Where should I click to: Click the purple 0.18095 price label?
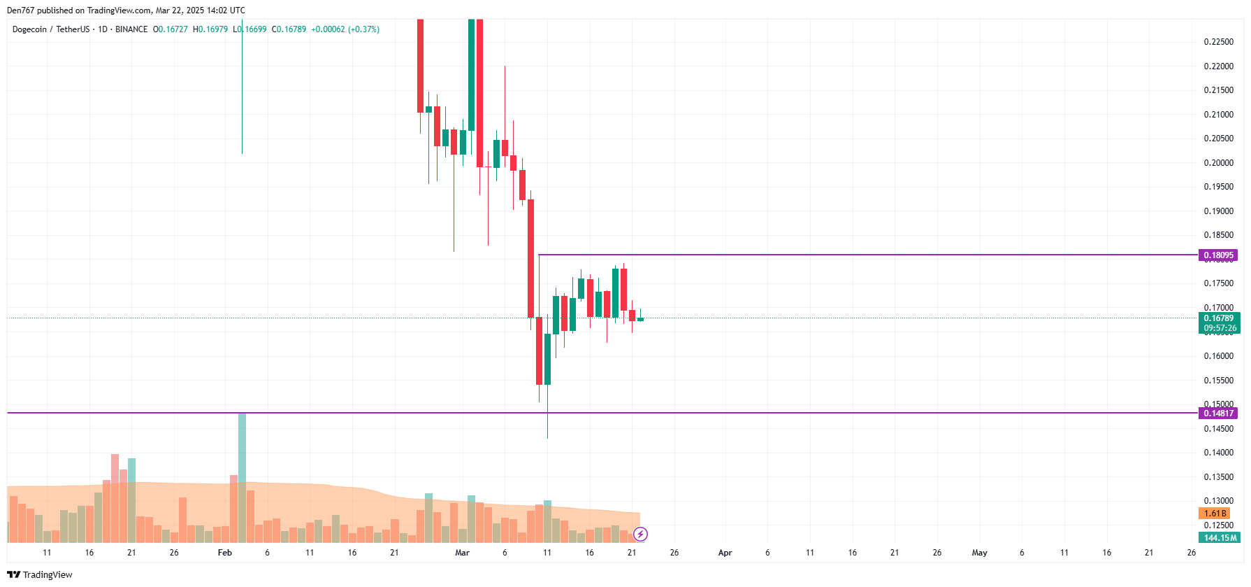(x=1218, y=255)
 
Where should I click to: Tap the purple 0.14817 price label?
(x=1218, y=413)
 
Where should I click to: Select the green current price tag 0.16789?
(x=1218, y=318)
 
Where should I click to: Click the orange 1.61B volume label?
(x=1214, y=514)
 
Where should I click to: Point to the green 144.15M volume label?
(x=1220, y=538)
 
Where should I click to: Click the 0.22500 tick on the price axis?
(x=1218, y=42)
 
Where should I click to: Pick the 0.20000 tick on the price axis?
(x=1218, y=163)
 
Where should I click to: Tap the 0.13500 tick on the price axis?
(x=1218, y=477)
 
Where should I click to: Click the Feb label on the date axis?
(x=224, y=553)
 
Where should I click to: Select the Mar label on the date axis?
(x=462, y=553)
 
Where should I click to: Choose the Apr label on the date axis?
(x=725, y=553)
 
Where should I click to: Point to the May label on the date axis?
(x=979, y=553)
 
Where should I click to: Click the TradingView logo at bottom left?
(x=40, y=574)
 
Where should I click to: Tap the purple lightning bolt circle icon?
(x=640, y=535)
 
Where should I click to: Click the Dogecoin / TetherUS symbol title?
(x=50, y=29)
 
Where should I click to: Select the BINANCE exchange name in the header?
(x=131, y=29)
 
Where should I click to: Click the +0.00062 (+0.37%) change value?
(x=345, y=29)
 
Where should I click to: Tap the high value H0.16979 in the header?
(x=210, y=29)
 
